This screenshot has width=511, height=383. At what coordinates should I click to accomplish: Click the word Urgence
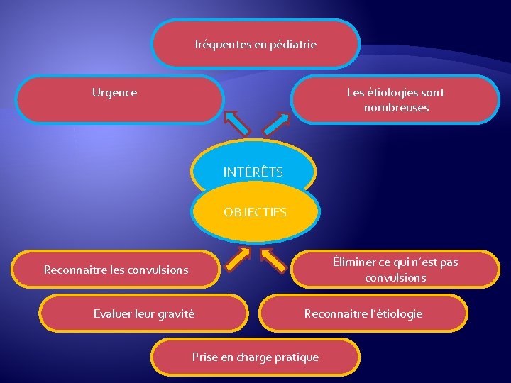[x=114, y=93]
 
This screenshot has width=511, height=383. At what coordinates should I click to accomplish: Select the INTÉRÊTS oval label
[x=253, y=172]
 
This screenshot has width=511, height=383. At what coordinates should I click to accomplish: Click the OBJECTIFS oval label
[x=255, y=212]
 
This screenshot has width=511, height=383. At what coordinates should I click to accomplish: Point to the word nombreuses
[x=396, y=108]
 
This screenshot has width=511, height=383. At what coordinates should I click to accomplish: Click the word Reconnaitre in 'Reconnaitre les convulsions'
[x=72, y=270]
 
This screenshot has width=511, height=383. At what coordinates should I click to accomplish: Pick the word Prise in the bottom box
[x=205, y=357]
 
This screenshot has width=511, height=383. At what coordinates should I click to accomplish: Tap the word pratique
[x=295, y=357]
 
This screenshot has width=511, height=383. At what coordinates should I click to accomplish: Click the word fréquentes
[x=222, y=45]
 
